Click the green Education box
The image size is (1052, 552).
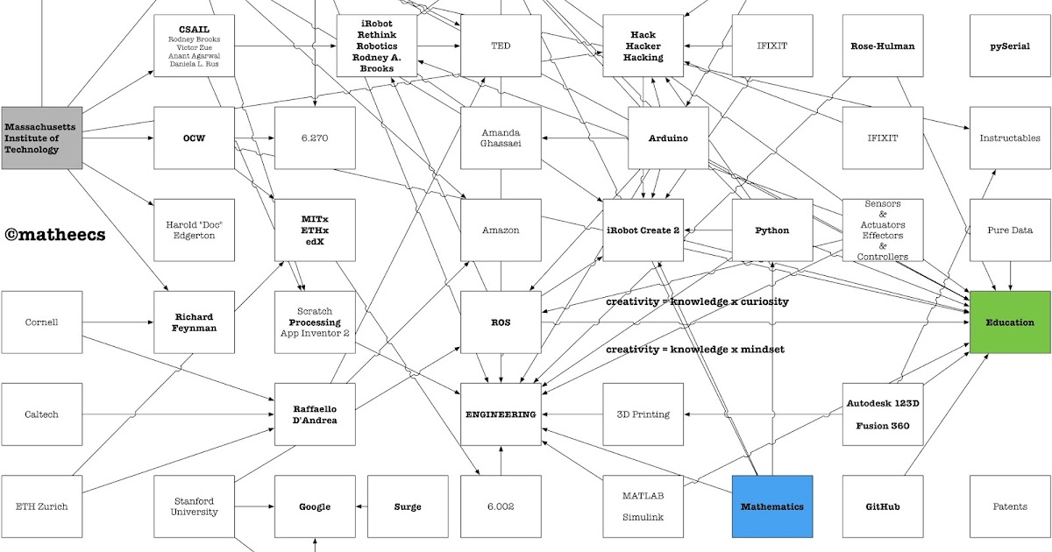(x=1010, y=322)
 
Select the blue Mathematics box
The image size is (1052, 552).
(x=772, y=506)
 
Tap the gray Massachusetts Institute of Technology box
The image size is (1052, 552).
(x=41, y=138)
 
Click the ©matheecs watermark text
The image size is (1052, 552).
(x=55, y=234)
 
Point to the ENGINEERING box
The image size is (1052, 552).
(x=501, y=414)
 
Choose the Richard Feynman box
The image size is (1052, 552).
(x=194, y=322)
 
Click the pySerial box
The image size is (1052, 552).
(x=1010, y=46)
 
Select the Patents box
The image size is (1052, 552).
(x=1010, y=506)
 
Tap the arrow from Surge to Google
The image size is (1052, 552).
(x=361, y=506)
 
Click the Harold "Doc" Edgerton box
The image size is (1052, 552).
(x=194, y=230)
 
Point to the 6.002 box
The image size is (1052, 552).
(x=501, y=506)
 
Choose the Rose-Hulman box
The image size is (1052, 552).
(x=883, y=46)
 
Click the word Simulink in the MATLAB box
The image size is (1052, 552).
(x=643, y=517)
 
